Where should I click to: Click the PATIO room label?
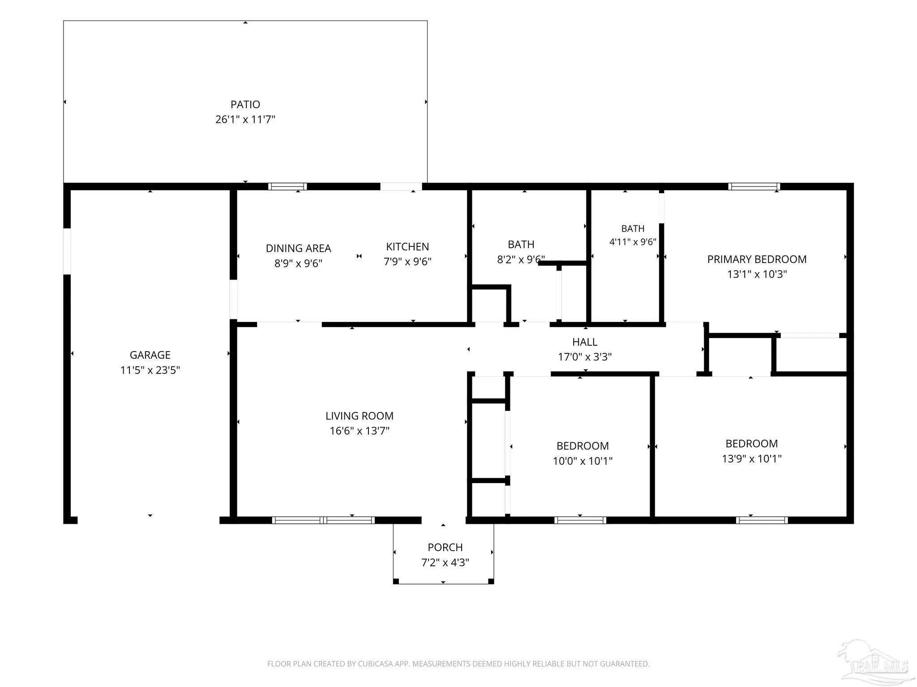(x=245, y=104)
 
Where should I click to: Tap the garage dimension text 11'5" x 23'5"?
(x=150, y=370)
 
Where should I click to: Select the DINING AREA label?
(x=298, y=248)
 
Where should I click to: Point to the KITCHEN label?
(x=407, y=246)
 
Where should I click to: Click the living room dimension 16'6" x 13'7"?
(x=360, y=431)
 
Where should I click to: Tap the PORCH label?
(x=445, y=547)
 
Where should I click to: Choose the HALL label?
(x=585, y=342)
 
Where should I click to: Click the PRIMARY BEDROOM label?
(x=757, y=259)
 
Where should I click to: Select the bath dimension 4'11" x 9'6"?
(x=633, y=242)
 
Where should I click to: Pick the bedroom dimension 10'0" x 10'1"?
(x=583, y=461)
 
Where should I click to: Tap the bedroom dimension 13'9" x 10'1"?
(x=752, y=458)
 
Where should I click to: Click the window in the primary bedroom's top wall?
(x=754, y=187)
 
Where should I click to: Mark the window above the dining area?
(x=287, y=187)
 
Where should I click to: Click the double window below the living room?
(x=323, y=520)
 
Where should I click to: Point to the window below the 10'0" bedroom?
(x=580, y=520)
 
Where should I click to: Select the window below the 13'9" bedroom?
(x=762, y=520)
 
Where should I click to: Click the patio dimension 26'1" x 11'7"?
(x=245, y=119)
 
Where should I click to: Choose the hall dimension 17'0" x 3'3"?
(x=585, y=357)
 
